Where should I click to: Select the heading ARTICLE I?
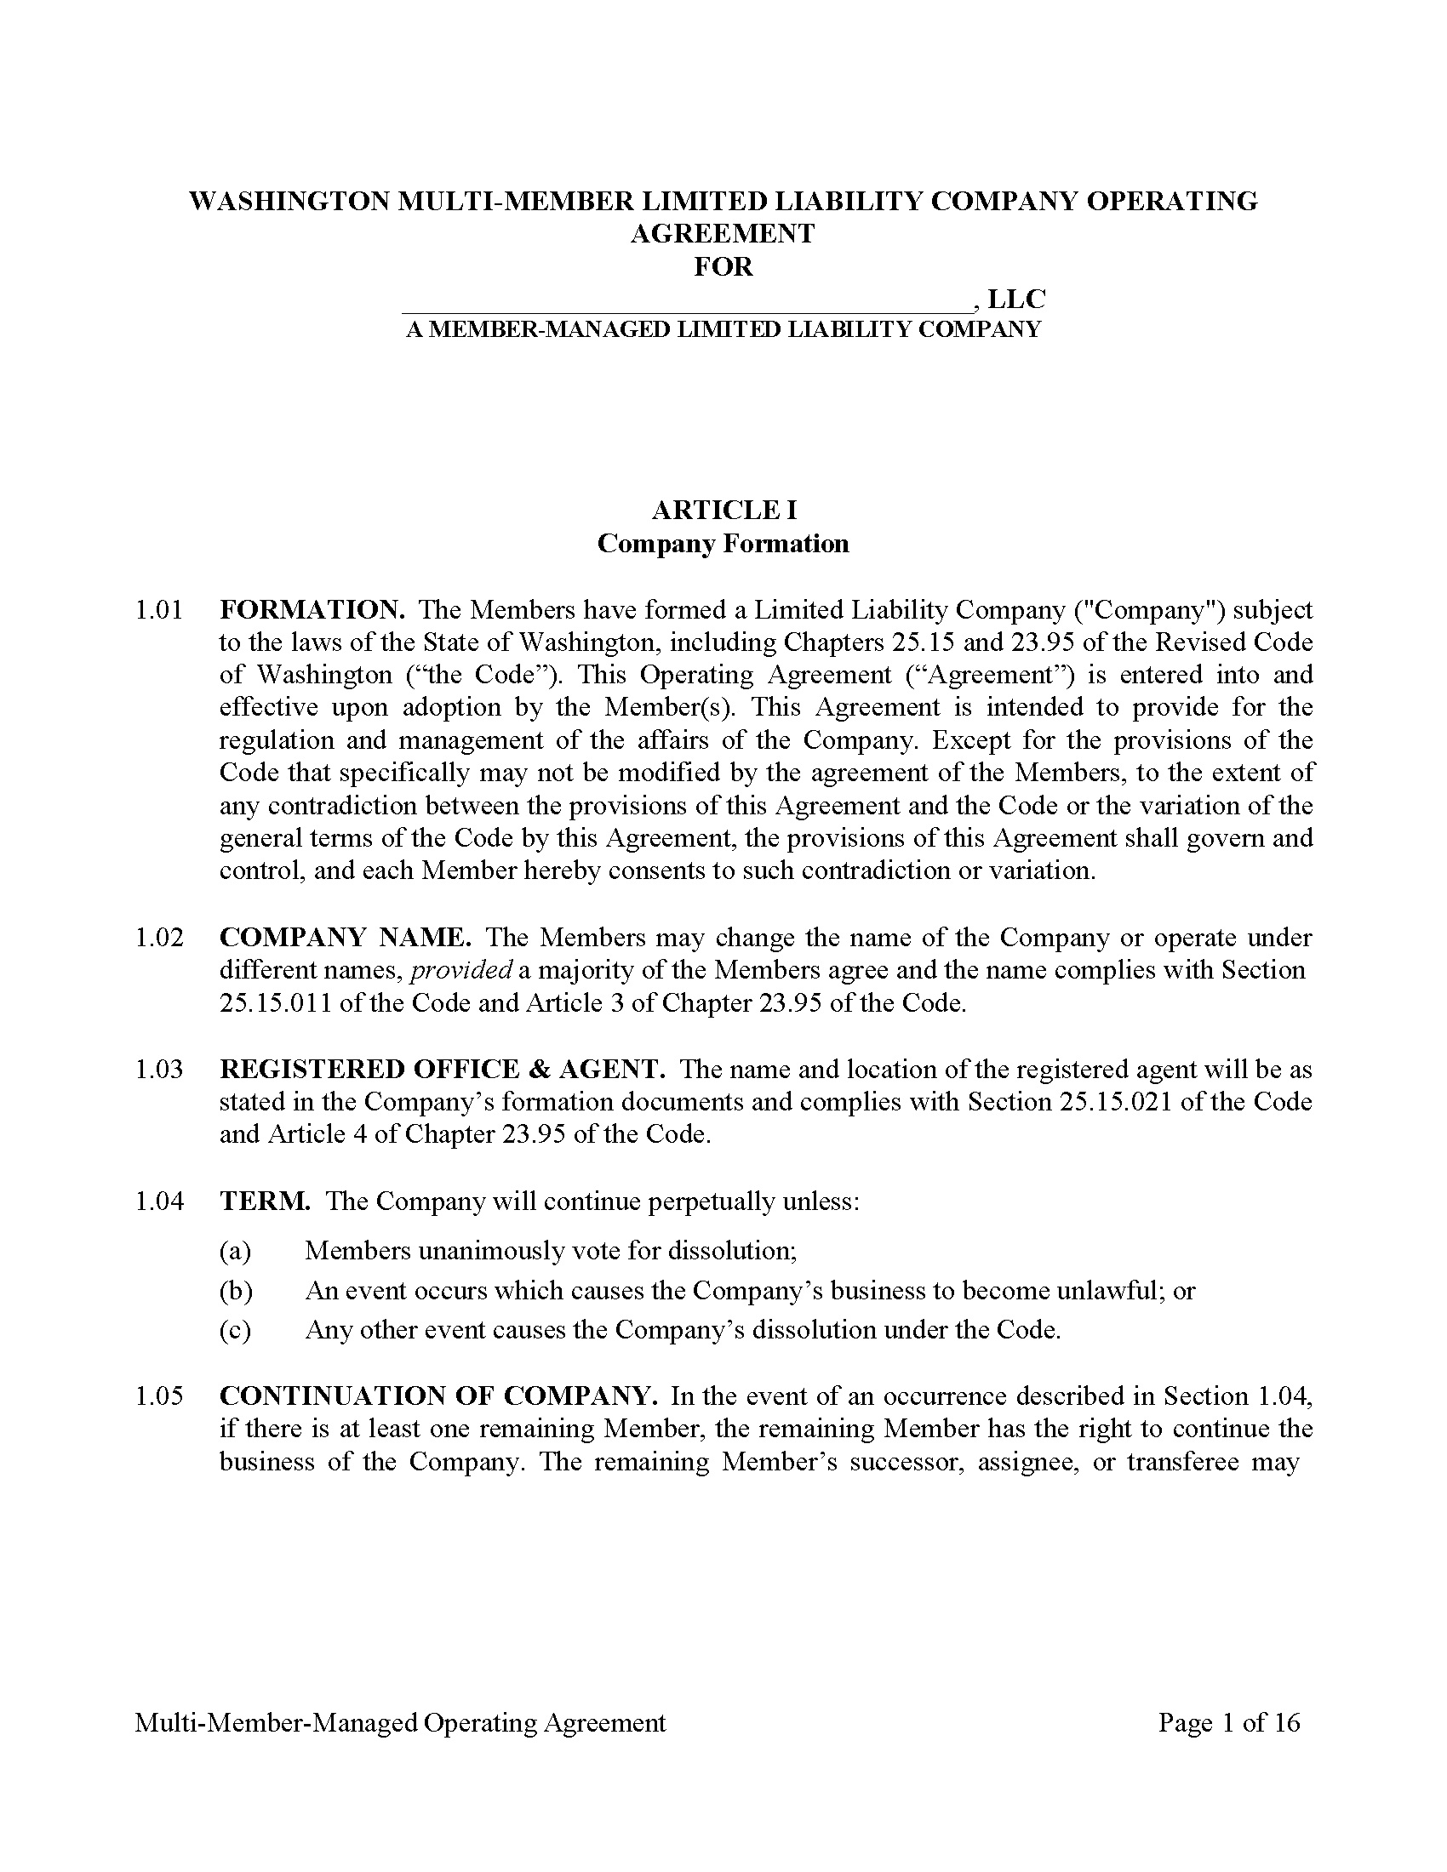(723, 510)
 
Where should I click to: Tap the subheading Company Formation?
(723, 544)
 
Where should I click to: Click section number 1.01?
(158, 610)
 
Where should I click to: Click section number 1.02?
(158, 937)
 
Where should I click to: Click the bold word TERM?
(265, 1201)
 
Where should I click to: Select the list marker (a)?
(235, 1251)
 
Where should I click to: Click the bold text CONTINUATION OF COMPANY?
(438, 1395)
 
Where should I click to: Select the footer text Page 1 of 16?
(1228, 1722)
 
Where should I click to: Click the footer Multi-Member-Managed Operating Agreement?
(399, 1722)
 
